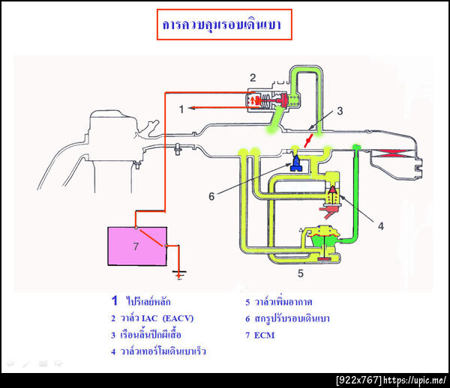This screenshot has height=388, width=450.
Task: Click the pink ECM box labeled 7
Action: pyautogui.click(x=137, y=244)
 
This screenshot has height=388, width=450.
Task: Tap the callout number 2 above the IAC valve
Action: pyautogui.click(x=253, y=77)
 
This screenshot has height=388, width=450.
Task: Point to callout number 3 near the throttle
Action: pyautogui.click(x=339, y=112)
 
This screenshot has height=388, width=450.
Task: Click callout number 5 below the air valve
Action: pyautogui.click(x=301, y=273)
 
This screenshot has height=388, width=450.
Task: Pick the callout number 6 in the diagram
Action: pyautogui.click(x=212, y=196)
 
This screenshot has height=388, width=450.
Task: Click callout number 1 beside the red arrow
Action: pyautogui.click(x=181, y=109)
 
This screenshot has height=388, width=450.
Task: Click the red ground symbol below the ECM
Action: pyautogui.click(x=178, y=273)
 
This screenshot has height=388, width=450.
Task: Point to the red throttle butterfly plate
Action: pyautogui.click(x=309, y=140)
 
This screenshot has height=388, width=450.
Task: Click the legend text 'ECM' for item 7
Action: pyautogui.click(x=264, y=335)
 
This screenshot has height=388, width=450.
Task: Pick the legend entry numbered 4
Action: pyautogui.click(x=157, y=351)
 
